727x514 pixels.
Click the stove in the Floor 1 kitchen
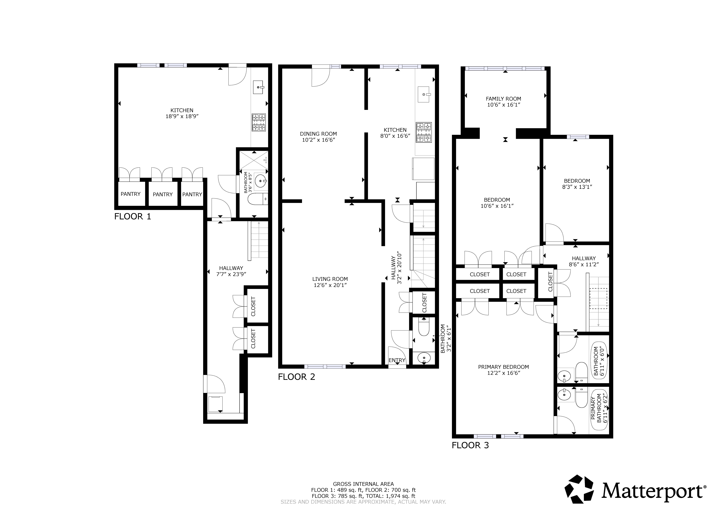259,123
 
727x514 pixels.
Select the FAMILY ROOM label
503,99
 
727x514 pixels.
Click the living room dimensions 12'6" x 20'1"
330,285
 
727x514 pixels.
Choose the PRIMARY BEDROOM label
503,367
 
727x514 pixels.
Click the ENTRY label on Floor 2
397,360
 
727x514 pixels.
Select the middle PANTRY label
163,194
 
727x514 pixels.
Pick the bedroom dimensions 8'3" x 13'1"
577,187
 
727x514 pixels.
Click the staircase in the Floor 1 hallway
259,241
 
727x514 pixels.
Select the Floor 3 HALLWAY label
584,258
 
